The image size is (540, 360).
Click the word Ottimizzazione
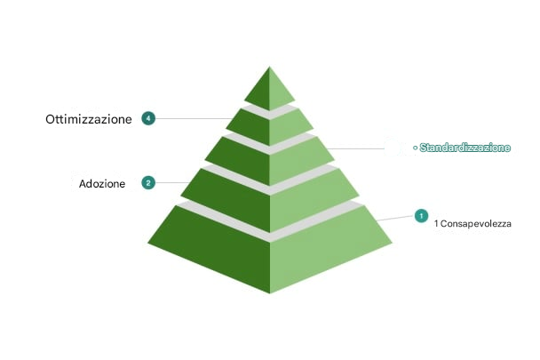[x=89, y=119]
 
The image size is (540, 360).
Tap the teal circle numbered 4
[x=148, y=118]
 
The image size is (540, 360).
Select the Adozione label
[x=102, y=184]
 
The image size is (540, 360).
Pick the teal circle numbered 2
[x=148, y=183]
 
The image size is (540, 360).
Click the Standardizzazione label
[x=465, y=148]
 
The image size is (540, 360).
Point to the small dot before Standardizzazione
[x=416, y=148]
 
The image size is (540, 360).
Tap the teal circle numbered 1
[x=421, y=216]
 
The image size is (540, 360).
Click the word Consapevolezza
[x=476, y=224]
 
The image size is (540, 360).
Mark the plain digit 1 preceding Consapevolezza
[x=436, y=224]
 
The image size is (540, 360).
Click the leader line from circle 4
[x=194, y=118]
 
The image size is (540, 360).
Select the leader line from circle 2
[x=172, y=183]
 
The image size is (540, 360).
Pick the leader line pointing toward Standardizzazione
[x=355, y=149]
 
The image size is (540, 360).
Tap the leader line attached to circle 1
[x=395, y=218]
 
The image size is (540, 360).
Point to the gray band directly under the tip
[x=270, y=112]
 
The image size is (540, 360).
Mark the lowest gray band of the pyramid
[x=270, y=220]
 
